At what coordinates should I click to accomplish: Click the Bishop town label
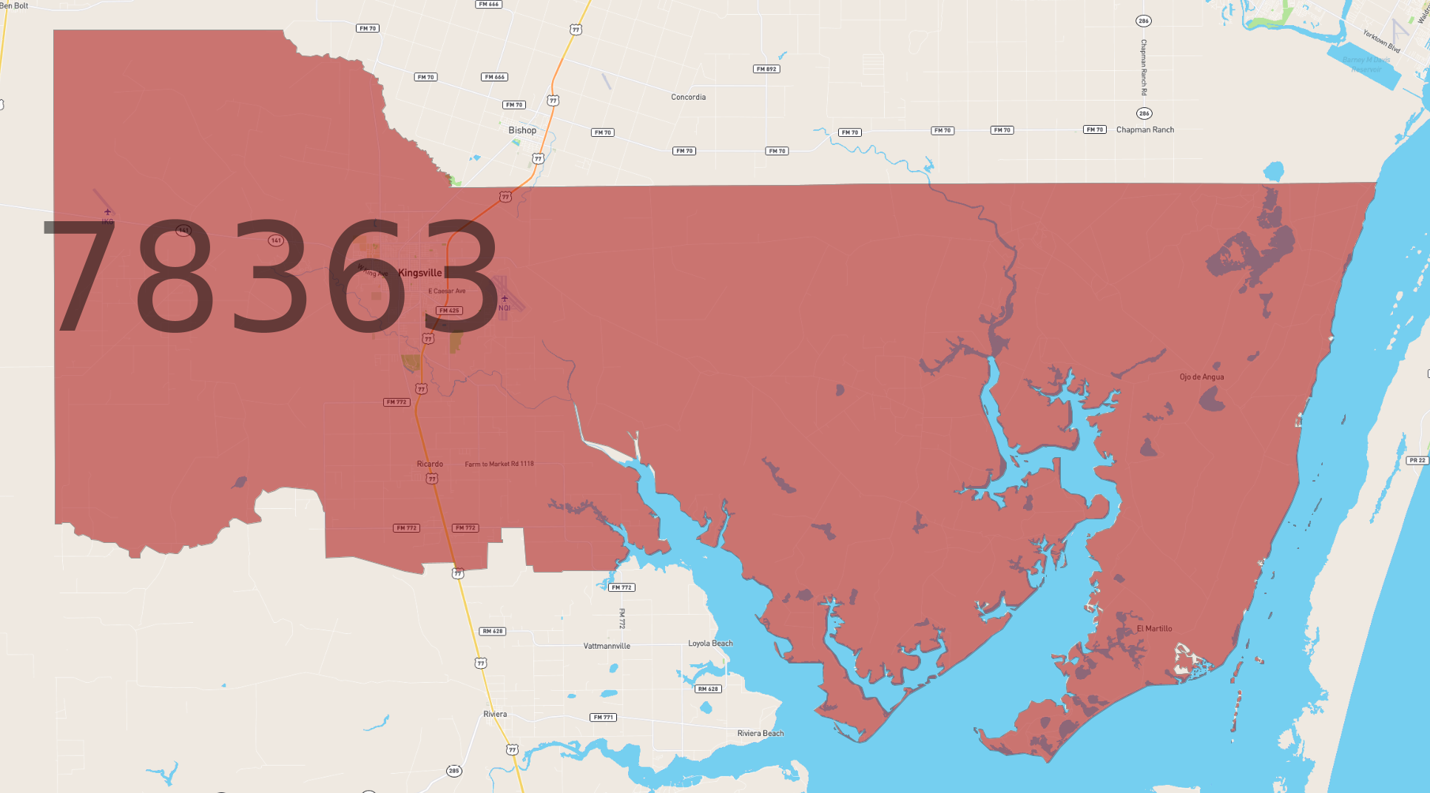point(522,130)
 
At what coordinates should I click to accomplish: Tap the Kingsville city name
point(419,273)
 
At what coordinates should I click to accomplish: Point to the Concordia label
point(688,97)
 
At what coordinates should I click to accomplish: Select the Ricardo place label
point(430,464)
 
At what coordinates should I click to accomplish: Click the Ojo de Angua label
point(1201,377)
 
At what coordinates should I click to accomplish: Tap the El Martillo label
point(1154,629)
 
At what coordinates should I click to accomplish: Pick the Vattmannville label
point(607,646)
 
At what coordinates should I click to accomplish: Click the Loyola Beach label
point(710,643)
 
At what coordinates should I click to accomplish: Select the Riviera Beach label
point(760,733)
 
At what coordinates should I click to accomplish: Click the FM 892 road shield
point(766,69)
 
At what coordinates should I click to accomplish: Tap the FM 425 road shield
point(449,311)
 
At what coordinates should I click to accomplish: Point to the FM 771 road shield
point(603,717)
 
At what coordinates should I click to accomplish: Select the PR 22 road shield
point(1417,460)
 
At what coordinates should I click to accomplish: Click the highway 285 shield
point(454,771)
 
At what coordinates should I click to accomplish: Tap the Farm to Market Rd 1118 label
point(499,464)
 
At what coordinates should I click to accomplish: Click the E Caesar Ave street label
point(447,291)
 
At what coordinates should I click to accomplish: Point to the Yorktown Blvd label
point(1381,41)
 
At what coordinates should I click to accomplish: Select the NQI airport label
point(505,308)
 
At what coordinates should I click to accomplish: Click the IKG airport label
point(108,221)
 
